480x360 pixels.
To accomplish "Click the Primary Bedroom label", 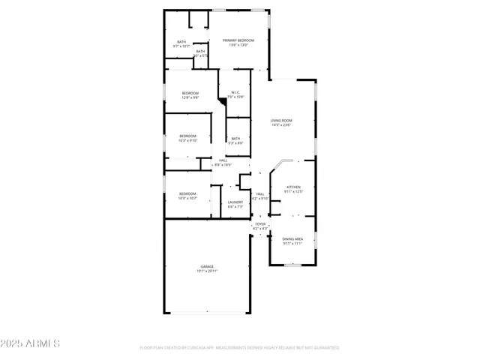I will click(x=234, y=40).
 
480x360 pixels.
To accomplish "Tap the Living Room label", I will click(x=281, y=121).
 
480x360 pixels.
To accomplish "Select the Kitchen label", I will click(x=294, y=187).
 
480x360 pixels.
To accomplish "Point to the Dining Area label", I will click(x=292, y=238).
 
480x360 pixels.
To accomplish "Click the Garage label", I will click(x=207, y=266).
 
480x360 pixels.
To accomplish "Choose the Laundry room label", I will click(x=235, y=202).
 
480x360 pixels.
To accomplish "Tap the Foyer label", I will click(x=260, y=224).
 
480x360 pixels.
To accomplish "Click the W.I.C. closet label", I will click(x=235, y=93).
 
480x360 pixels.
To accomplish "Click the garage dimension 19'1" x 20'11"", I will click(x=207, y=271).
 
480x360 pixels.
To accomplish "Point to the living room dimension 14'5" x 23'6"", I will click(x=281, y=125).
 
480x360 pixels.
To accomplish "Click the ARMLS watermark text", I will click(x=43, y=343).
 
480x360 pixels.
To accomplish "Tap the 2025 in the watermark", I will click(x=13, y=343).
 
